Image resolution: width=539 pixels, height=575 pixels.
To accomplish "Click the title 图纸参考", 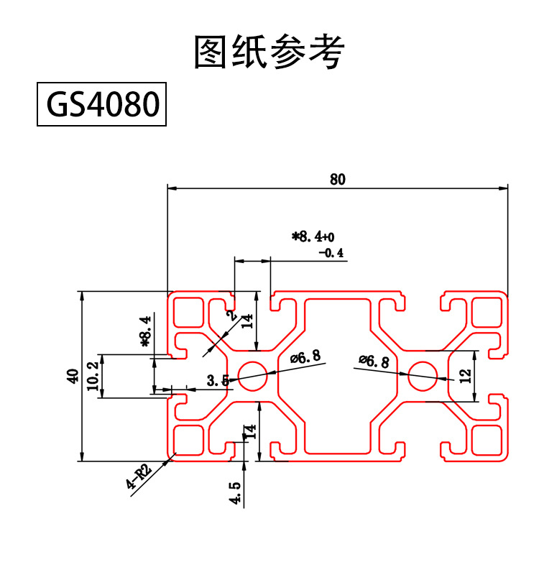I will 269,52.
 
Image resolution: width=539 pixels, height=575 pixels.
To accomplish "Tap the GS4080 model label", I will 102,105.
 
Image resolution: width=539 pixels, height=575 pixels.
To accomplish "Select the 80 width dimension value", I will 338,180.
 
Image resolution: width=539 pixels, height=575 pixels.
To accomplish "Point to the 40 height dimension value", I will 72,376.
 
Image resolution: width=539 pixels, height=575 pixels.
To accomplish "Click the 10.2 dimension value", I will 92,376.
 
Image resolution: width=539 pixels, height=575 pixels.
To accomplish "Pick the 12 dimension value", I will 464,375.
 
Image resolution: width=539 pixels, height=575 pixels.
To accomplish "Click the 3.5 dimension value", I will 216,381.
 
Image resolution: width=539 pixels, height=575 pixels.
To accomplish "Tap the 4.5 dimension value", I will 235,494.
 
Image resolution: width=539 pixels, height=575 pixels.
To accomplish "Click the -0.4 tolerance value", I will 331,253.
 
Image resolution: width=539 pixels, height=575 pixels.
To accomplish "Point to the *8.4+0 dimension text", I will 313,236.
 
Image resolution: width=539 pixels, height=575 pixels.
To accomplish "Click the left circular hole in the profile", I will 252,374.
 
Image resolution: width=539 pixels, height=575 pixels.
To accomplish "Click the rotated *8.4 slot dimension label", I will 146,331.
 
